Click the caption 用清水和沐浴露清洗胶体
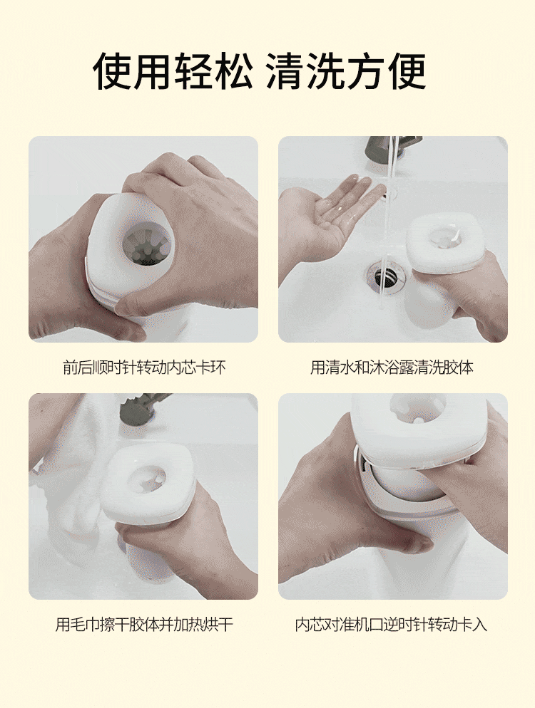(392, 368)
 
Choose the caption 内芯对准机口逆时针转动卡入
(392, 625)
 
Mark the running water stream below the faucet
(389, 214)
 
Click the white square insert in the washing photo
(445, 242)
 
